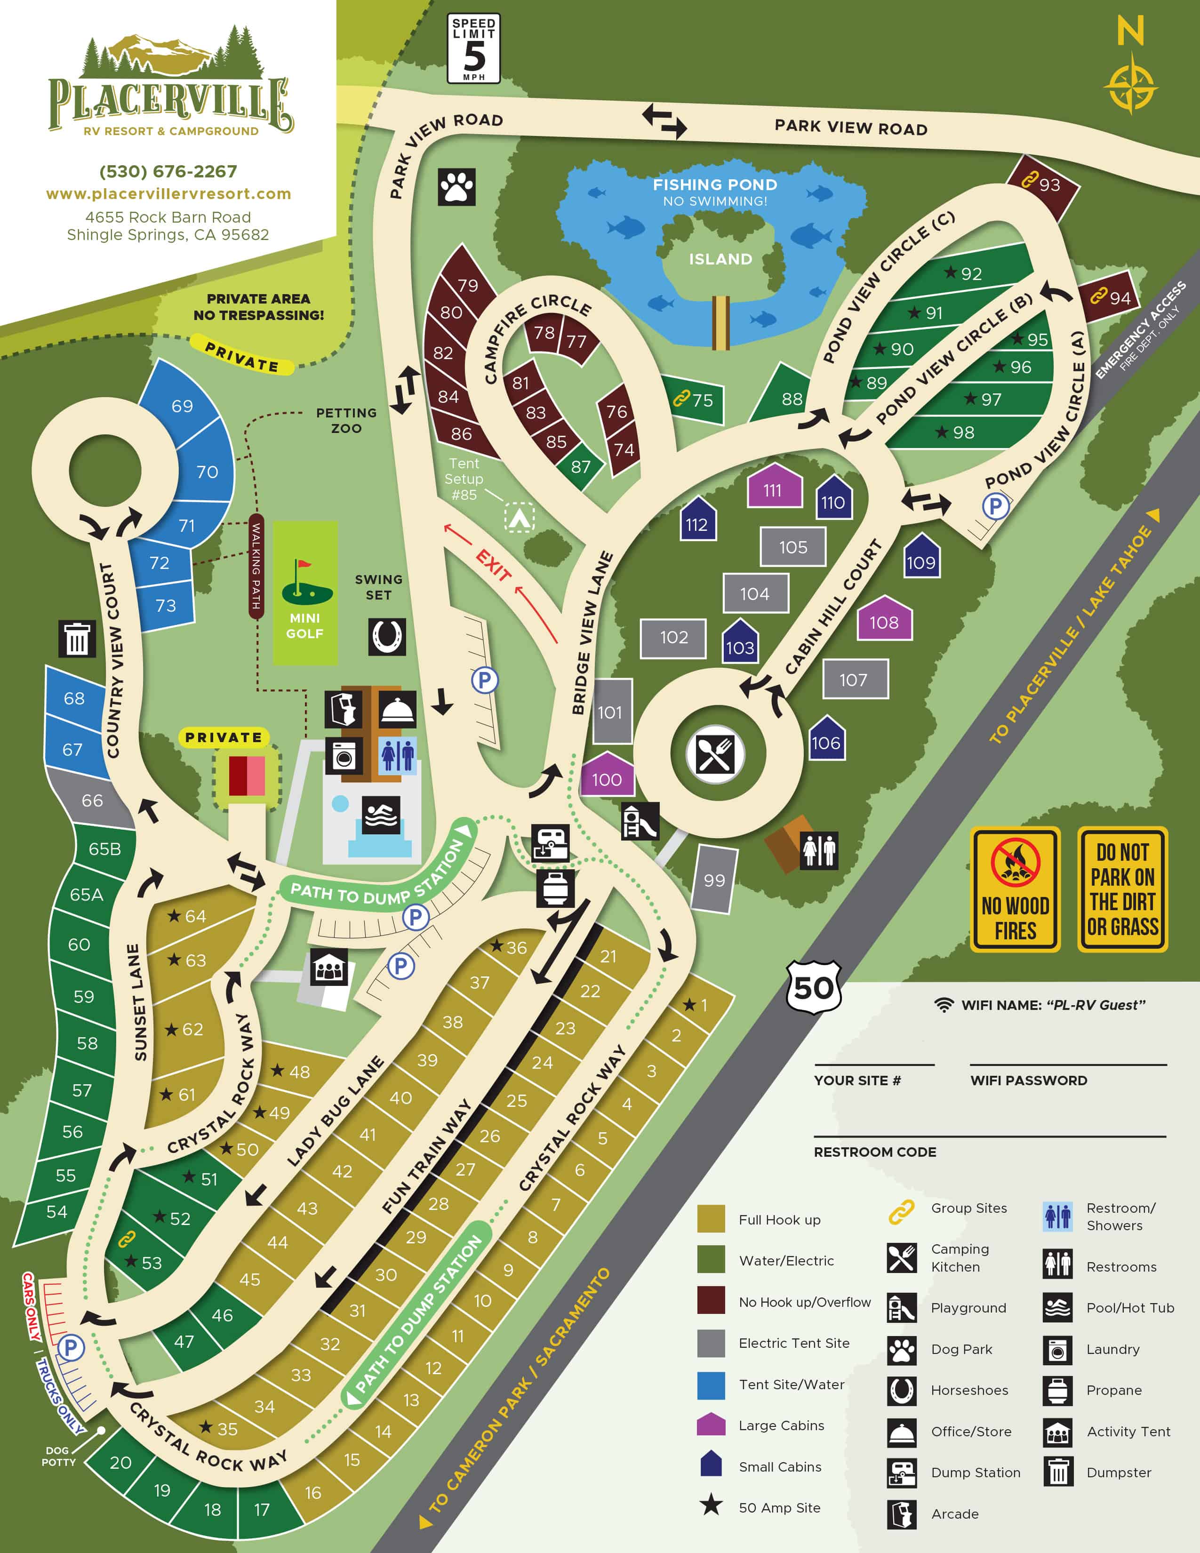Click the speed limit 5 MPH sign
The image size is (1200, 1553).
click(473, 48)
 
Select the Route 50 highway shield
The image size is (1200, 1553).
click(814, 988)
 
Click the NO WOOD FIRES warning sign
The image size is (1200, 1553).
click(1015, 889)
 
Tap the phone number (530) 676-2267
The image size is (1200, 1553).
click(168, 171)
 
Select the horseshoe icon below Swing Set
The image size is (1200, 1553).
click(387, 636)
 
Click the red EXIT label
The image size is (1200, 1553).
click(493, 565)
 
